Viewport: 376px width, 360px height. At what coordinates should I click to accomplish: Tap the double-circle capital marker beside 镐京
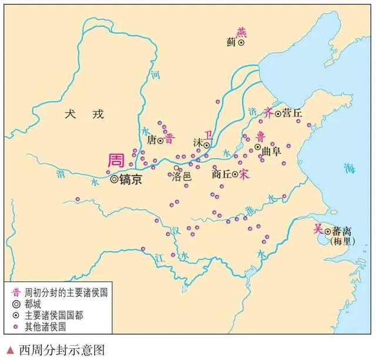point(114,180)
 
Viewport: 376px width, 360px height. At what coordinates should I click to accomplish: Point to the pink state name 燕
point(241,32)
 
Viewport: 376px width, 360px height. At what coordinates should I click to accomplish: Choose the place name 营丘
point(291,112)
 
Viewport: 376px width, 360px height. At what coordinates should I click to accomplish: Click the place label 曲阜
point(271,150)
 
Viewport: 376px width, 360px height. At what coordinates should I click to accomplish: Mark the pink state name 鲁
point(260,136)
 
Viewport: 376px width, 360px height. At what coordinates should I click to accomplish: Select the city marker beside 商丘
point(234,174)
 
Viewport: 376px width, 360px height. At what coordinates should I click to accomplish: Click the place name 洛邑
point(182,176)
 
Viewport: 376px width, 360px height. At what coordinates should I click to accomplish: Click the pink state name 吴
point(318,229)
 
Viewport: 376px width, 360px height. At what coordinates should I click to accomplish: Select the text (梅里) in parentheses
point(342,241)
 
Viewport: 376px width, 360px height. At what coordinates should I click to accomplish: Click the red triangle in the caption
point(9,349)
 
